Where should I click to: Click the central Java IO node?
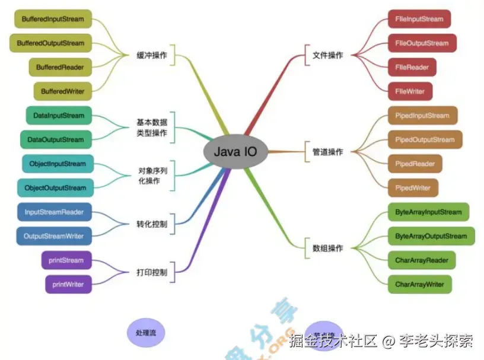tap(235, 151)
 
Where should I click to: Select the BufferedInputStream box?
tap(52, 19)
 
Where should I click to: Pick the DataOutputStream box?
tap(56, 140)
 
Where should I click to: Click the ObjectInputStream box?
tap(57, 164)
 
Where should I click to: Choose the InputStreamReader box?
tap(54, 212)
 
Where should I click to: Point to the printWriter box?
tap(68, 284)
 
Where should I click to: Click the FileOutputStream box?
tap(422, 43)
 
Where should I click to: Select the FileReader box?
tap(412, 67)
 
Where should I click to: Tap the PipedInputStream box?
tap(422, 116)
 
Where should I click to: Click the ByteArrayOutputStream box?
tap(431, 236)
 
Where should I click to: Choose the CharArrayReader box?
tap(421, 260)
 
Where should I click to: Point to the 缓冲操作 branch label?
tap(152, 55)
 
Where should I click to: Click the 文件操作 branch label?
tap(327, 55)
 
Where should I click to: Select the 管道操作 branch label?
tap(327, 152)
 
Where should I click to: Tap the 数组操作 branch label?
tap(327, 249)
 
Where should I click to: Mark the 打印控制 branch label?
tap(152, 273)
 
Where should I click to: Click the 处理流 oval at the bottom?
tap(145, 333)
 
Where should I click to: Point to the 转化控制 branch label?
tap(152, 225)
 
